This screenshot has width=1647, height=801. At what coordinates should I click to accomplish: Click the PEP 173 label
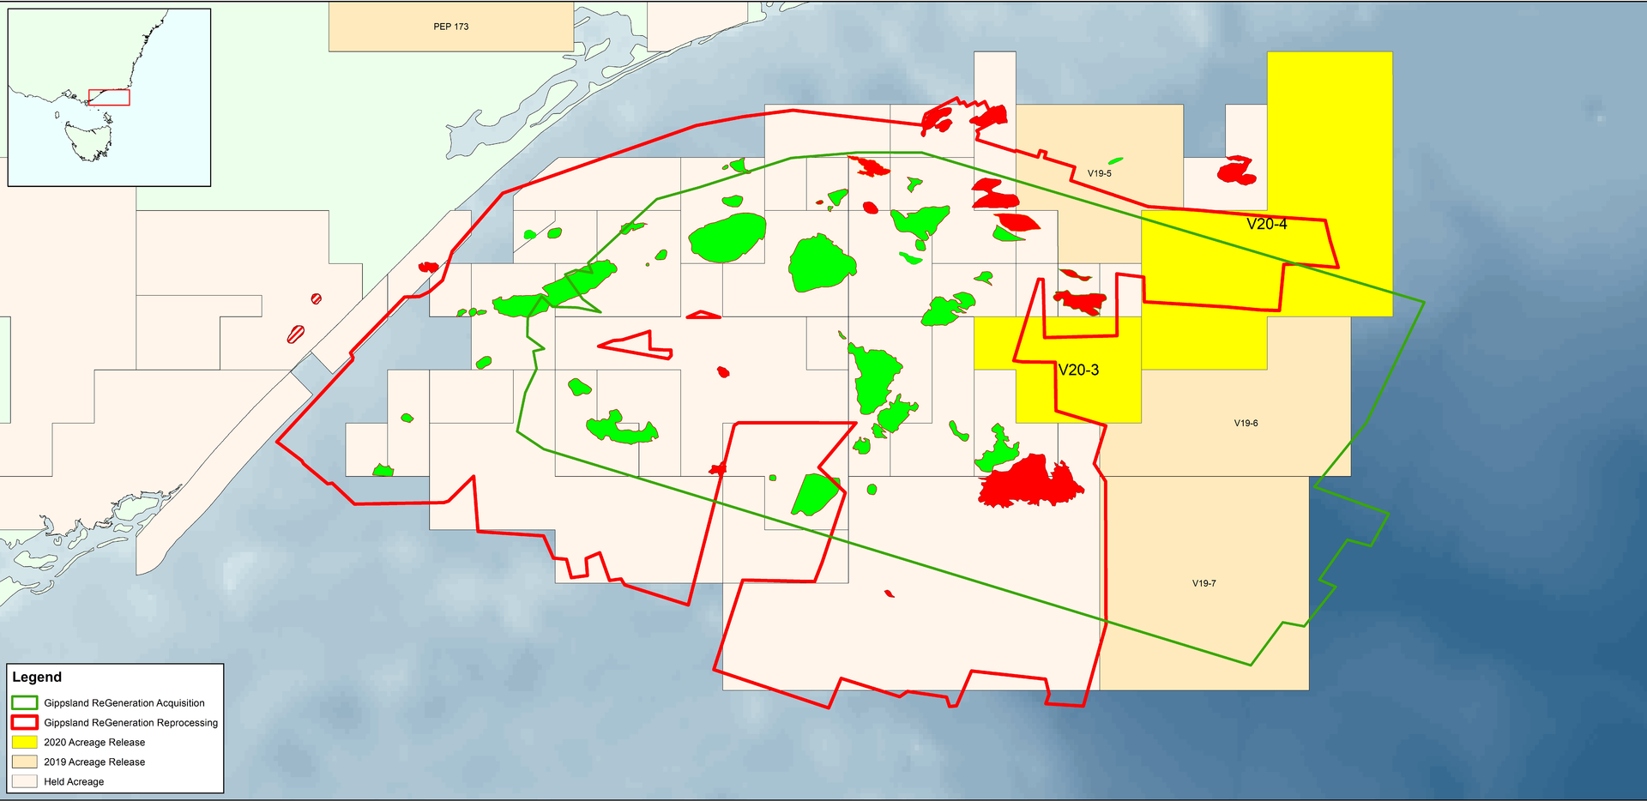point(451,27)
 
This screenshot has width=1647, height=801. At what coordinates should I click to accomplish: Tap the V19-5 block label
point(1099,173)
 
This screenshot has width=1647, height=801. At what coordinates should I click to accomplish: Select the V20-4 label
point(1266,225)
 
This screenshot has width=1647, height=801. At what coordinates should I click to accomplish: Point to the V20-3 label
point(1078,370)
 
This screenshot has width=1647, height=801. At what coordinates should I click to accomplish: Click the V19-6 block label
point(1246,424)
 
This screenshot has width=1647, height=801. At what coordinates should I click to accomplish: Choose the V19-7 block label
point(1204,584)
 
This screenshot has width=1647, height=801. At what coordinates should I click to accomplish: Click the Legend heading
point(37,678)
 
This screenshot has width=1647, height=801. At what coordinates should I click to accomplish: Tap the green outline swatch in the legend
point(25,703)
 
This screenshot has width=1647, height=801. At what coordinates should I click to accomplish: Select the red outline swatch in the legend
point(25,723)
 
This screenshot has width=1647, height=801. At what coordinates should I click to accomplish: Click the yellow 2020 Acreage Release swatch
point(25,743)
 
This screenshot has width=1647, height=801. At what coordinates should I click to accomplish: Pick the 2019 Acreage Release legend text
point(94,762)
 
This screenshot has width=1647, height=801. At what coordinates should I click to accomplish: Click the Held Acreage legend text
point(74,782)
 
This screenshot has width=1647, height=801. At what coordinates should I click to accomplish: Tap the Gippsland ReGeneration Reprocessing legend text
point(130,723)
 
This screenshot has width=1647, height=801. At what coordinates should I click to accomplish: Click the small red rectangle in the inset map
point(109,97)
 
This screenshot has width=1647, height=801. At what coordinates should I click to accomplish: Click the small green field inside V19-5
point(1115,160)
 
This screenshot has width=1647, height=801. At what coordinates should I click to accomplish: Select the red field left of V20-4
point(1237,171)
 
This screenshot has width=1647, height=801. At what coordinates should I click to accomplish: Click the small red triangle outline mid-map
point(703,315)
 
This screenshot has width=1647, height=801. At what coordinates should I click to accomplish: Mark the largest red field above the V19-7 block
point(1029,484)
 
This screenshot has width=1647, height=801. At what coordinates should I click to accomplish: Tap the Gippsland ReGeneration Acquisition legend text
point(124,703)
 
